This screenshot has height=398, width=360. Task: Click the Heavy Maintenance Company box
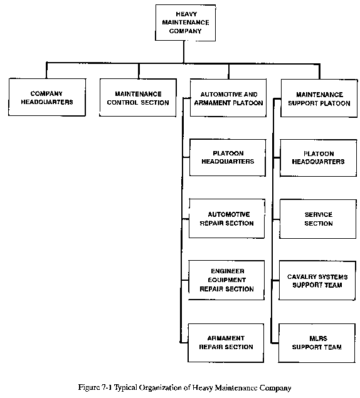186,23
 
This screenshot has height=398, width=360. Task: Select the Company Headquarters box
47,97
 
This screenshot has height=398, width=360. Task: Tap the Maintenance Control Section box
138,98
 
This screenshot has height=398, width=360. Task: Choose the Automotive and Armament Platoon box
228,98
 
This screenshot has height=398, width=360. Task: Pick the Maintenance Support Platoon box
319,98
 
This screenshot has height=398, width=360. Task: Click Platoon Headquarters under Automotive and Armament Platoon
228,157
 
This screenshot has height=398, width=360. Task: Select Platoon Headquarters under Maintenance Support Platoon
319,158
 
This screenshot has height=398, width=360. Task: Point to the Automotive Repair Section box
227,219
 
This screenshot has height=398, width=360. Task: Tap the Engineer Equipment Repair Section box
226,280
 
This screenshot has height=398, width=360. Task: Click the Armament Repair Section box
226,343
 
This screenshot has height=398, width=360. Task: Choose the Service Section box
318,219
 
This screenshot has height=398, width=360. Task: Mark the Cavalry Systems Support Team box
317,281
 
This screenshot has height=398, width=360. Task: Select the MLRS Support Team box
317,343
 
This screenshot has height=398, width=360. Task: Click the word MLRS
319,338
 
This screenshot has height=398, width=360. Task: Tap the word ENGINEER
228,271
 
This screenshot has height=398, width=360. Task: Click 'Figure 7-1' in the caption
95,387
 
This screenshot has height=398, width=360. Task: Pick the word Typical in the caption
125,388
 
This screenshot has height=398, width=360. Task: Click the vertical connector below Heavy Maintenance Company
184,52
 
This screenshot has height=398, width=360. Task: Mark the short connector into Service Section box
276,219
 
